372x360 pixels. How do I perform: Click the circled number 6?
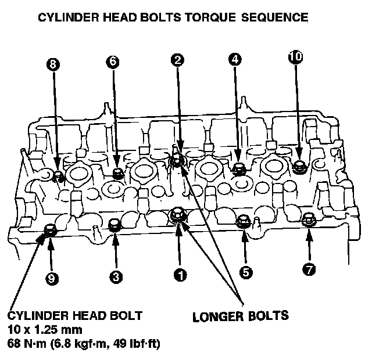(113, 61)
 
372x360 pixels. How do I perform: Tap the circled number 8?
(53, 65)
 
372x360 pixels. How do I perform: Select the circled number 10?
(295, 56)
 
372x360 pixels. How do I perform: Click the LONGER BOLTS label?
(240, 316)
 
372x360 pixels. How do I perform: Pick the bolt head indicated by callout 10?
(299, 166)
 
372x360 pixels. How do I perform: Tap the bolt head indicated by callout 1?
(177, 215)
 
